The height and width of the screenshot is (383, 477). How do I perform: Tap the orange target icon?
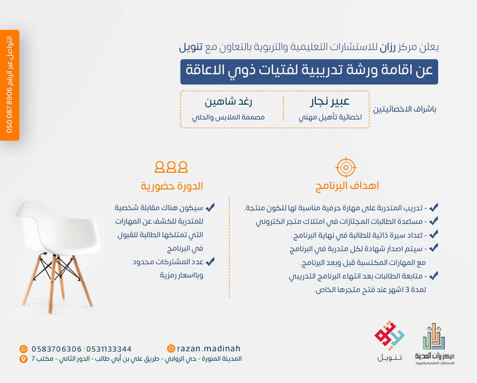[x=346, y=168]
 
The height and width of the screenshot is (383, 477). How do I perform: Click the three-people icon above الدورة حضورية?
[x=171, y=167]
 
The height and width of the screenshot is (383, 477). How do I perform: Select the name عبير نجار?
[x=330, y=102]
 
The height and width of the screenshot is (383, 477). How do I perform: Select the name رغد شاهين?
[x=228, y=102]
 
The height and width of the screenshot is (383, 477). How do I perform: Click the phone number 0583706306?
[x=56, y=349]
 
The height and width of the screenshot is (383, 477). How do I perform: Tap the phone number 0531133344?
[x=109, y=349]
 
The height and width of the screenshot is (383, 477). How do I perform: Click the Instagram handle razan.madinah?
[x=209, y=348]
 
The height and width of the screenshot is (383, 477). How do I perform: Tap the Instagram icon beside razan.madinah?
[x=171, y=348]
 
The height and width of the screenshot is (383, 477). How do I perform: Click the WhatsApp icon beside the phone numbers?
[x=23, y=349]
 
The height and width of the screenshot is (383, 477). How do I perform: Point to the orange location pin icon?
[x=23, y=359]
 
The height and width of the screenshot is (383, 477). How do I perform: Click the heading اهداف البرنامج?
[x=347, y=186]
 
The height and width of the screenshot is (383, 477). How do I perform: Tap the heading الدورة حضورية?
[x=172, y=186]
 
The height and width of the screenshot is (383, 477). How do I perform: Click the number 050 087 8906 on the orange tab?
[x=10, y=110]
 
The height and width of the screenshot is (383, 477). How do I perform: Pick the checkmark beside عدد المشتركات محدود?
[x=210, y=261]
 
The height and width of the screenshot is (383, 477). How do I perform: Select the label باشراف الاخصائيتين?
[x=405, y=109]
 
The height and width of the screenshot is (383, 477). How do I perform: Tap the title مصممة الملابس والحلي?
[x=228, y=117]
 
